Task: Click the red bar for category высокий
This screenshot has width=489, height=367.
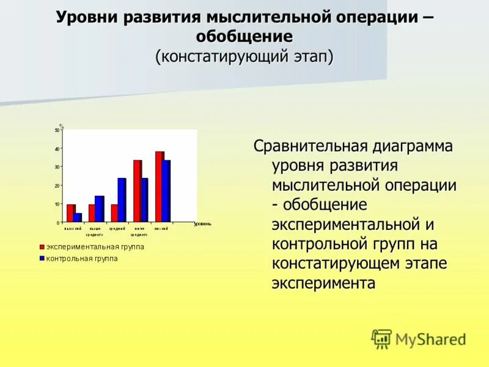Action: (70, 213)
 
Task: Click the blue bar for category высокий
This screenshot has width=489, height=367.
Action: (78, 217)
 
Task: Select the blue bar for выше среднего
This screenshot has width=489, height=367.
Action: (100, 209)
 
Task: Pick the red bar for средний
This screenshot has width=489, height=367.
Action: (114, 213)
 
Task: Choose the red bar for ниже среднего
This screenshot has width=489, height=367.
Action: (138, 191)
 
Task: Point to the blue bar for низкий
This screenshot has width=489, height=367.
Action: (166, 191)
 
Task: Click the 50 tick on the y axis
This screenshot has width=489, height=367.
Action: (57, 130)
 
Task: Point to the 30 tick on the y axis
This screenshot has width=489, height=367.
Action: (57, 167)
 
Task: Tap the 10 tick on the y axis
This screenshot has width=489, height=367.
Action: (57, 204)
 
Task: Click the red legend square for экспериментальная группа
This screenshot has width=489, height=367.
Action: (42, 247)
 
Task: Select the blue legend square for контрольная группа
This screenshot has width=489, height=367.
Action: (42, 259)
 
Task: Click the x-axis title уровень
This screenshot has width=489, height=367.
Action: (202, 224)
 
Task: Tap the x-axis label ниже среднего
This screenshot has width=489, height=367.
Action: (139, 231)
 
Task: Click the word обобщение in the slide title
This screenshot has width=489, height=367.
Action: (244, 37)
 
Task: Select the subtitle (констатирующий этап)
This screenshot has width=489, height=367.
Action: (244, 57)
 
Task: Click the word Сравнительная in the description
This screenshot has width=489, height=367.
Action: (311, 147)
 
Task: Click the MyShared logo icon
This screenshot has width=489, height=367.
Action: (381, 338)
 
